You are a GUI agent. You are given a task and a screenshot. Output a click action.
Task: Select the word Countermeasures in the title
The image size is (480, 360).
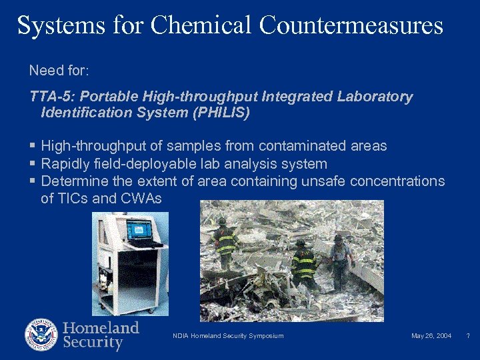tap(351, 25)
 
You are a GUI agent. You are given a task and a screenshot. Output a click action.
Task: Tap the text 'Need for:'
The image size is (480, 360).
tap(55, 70)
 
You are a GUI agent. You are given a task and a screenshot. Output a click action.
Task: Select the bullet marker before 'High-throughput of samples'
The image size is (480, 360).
tap(33, 146)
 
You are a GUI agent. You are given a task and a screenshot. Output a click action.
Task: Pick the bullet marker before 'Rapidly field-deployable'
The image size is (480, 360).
tap(33, 164)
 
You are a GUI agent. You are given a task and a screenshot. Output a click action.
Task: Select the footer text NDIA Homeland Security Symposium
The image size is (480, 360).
tap(227, 335)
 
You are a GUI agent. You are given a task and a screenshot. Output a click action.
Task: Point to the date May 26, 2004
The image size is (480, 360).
tap(431, 335)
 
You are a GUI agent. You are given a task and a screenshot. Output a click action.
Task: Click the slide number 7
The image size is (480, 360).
tap(468, 335)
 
